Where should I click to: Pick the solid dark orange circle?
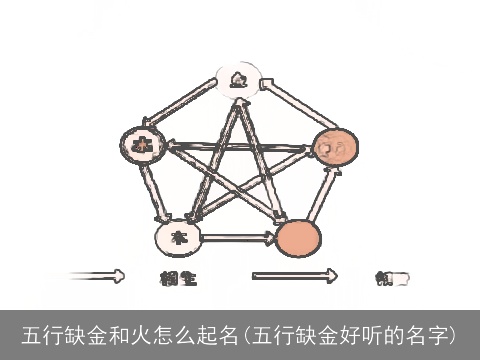(298, 238)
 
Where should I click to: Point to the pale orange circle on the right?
(334, 149)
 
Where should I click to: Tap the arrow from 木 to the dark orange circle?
(238, 238)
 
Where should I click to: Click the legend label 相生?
(178, 277)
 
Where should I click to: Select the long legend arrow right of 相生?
(294, 275)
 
